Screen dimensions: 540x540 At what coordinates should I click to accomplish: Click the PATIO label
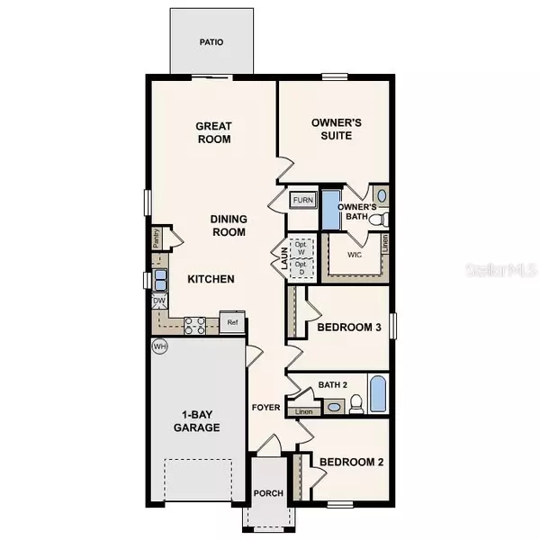212,41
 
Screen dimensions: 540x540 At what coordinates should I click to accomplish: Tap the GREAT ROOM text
213,133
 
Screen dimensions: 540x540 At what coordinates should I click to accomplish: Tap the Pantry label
157,238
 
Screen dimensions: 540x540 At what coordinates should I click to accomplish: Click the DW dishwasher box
158,301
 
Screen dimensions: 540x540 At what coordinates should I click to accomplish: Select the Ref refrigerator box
232,322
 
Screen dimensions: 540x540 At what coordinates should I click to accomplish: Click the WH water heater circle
159,346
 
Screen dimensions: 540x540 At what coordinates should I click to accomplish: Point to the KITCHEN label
211,279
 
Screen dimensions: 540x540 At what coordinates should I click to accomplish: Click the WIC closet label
355,254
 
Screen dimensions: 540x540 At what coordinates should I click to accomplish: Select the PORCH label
267,492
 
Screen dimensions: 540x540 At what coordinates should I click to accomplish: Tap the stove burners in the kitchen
194,326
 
